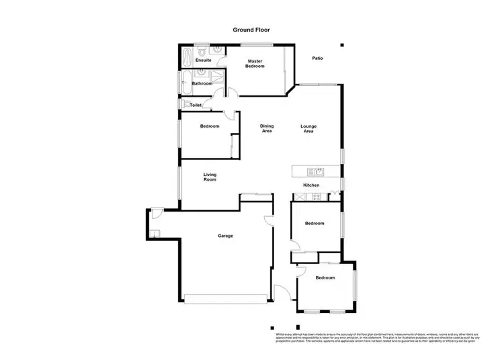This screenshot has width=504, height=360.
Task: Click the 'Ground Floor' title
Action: click(251, 30)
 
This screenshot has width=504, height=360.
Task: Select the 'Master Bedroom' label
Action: click(255, 63)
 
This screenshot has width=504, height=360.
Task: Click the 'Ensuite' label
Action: click(203, 60)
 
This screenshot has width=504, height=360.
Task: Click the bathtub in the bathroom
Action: click(185, 83)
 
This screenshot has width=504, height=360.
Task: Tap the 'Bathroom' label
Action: click(202, 83)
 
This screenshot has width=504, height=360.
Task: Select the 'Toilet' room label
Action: click(196, 105)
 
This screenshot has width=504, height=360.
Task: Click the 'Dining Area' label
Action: click(267, 128)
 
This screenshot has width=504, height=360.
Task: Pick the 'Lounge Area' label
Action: click(308, 128)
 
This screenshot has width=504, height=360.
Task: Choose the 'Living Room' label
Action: click(210, 177)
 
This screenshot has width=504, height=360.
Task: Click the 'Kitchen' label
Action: click(310, 185)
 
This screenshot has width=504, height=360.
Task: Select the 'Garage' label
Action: click(225, 236)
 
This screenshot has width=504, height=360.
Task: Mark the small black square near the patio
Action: click(341, 45)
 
